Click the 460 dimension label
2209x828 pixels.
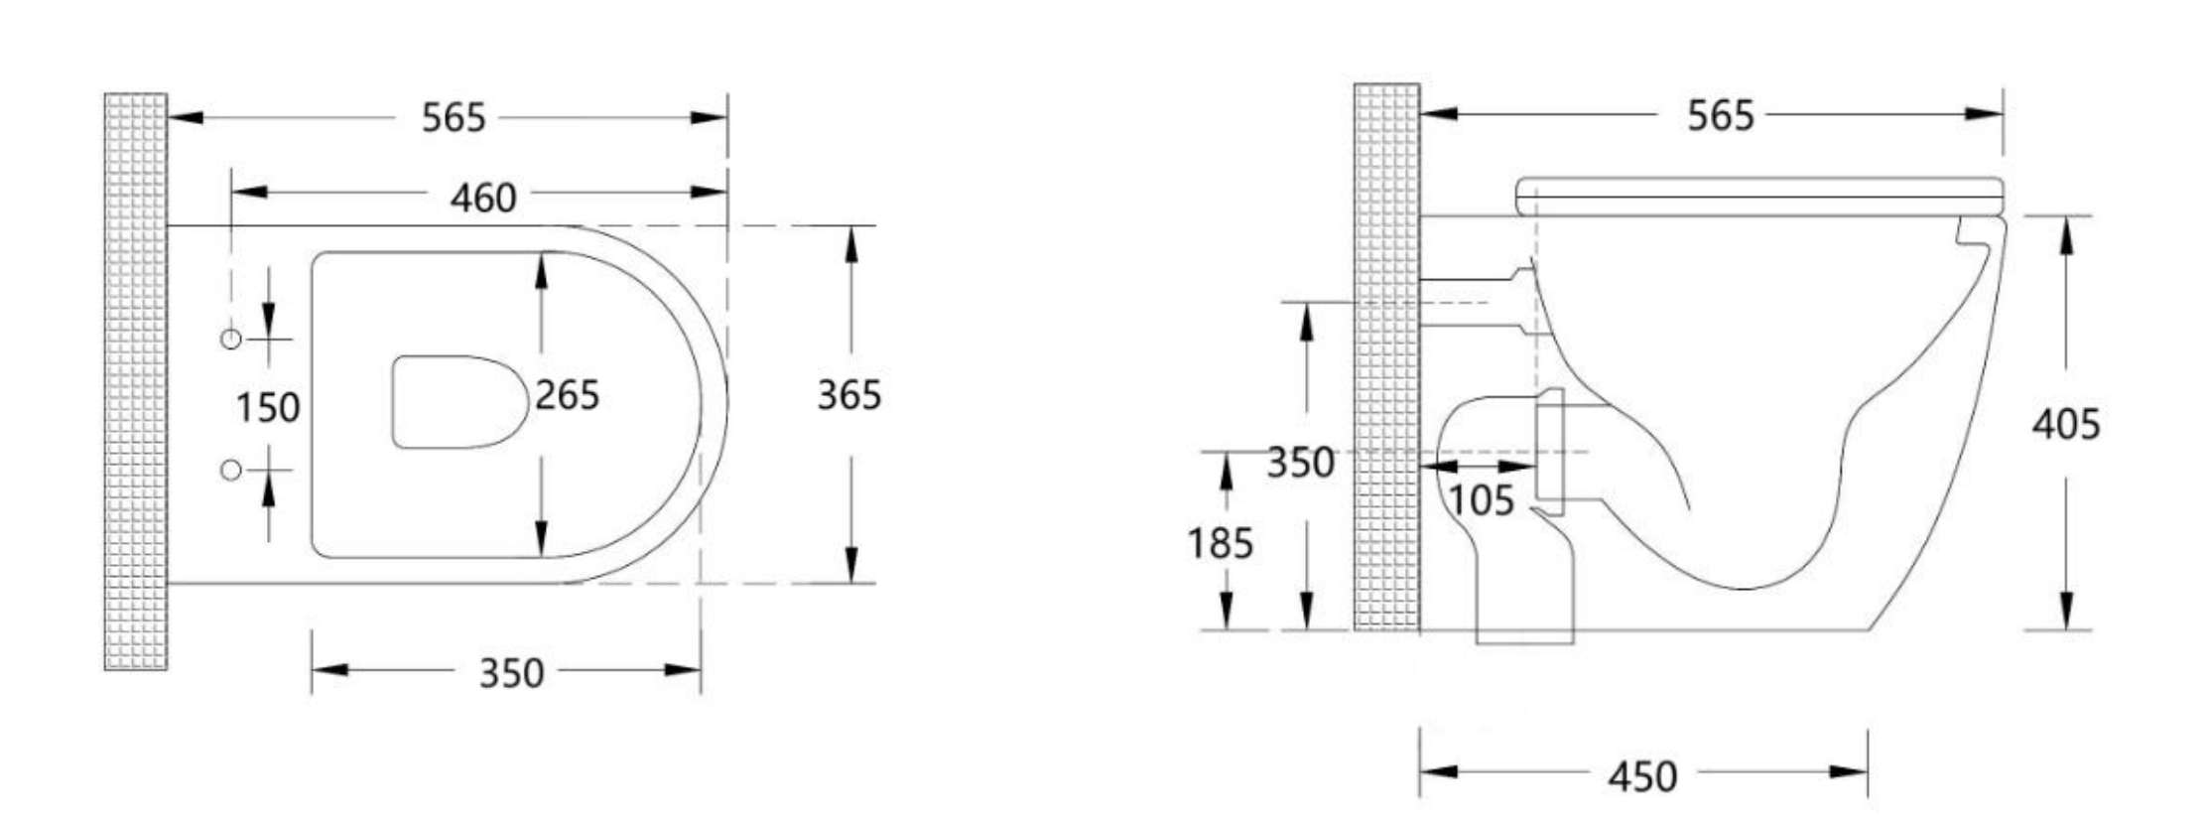tap(483, 198)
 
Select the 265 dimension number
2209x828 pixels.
tap(567, 395)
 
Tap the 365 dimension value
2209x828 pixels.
tap(848, 395)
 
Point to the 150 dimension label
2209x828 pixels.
tap(267, 407)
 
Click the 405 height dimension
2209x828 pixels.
tap(2066, 424)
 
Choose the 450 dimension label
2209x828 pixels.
tap(1642, 775)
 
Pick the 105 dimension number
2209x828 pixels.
tap(1482, 500)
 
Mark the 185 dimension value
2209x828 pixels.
tap(1221, 543)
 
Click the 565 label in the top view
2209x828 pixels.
tap(454, 118)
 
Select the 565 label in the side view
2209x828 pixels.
tap(1721, 116)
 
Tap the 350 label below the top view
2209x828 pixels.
tap(511, 673)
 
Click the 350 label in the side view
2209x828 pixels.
tap(1300, 463)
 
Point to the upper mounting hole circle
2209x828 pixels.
tap(230, 340)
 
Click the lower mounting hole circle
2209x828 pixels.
tap(230, 470)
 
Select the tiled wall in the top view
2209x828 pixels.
tap(136, 381)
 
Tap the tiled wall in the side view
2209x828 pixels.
tap(1386, 357)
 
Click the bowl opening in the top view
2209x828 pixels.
tap(458, 401)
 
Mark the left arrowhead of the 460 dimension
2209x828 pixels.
tap(248, 192)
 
